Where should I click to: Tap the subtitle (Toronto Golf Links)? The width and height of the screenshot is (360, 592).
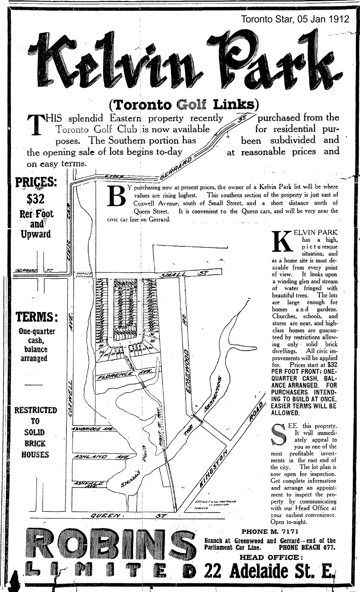[183, 103]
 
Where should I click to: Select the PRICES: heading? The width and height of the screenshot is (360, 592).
[36, 183]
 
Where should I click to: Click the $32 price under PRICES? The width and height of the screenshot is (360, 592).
[36, 199]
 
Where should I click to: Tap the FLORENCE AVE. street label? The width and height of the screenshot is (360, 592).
[125, 373]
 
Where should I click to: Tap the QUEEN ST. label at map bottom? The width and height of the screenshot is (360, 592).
[125, 516]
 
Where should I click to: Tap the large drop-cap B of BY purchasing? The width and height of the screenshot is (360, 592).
[117, 195]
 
